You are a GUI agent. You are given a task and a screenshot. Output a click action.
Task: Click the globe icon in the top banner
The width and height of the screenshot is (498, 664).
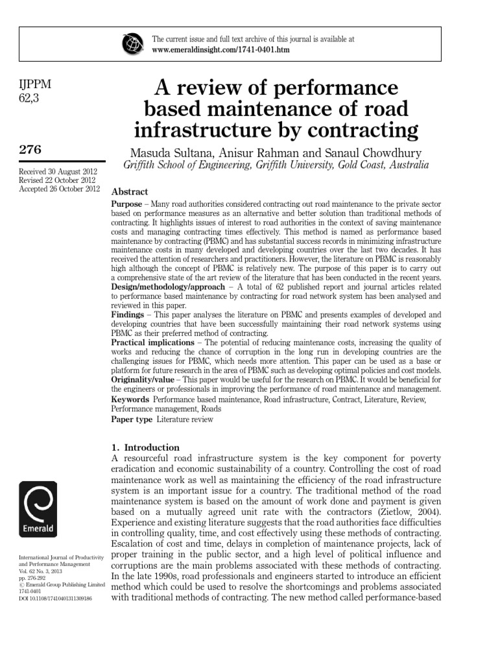tap(132, 44)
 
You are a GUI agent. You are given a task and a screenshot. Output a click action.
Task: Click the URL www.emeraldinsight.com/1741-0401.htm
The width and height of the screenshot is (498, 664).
tap(220, 50)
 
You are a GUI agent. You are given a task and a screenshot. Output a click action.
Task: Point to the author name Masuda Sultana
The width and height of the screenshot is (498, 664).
tap(170, 153)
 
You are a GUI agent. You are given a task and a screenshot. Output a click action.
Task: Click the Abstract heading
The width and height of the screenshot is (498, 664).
tap(130, 192)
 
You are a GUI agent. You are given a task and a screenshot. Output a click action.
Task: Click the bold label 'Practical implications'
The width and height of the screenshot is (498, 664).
tap(152, 342)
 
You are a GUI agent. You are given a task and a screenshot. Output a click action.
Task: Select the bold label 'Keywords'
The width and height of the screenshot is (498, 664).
tap(130, 400)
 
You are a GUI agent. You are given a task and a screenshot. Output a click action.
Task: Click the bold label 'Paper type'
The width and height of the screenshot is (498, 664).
tap(132, 420)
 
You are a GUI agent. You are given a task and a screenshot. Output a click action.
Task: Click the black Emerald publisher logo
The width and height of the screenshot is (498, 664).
tap(38, 510)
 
